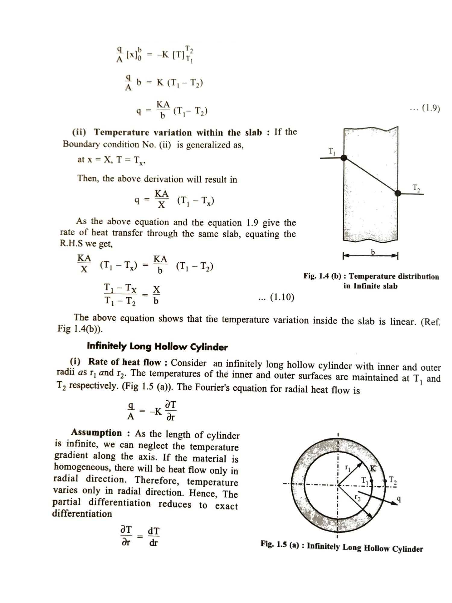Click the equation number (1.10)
tap(282, 297)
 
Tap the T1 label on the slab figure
tap(331, 151)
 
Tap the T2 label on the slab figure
tap(416, 188)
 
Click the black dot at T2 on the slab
tap(398, 193)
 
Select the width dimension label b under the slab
tap(373, 252)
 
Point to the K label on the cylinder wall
tap(373, 468)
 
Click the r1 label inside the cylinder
tap(347, 468)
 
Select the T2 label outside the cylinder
tap(393, 480)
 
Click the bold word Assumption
tap(96, 433)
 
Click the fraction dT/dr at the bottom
tap(154, 537)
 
